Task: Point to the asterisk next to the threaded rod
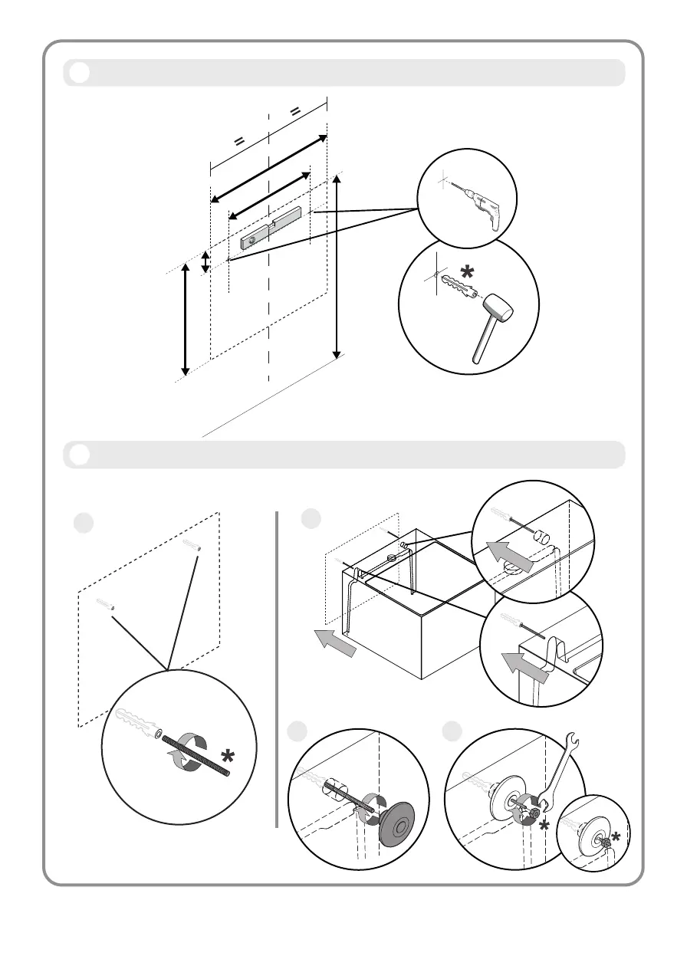point(227,758)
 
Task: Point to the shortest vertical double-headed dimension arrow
point(205,261)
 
